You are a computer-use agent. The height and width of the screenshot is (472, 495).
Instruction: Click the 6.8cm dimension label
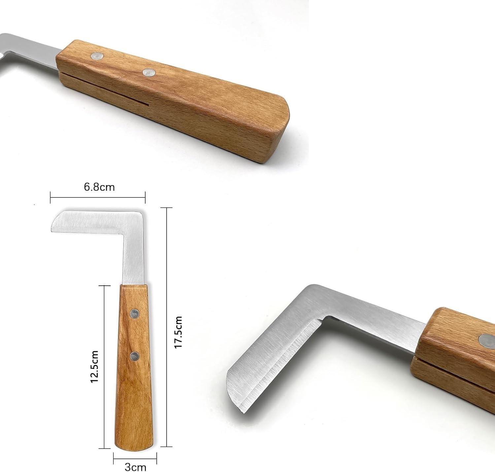(99, 187)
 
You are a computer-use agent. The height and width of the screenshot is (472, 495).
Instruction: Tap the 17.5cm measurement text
(178, 332)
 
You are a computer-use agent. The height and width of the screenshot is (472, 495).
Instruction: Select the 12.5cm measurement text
(94, 367)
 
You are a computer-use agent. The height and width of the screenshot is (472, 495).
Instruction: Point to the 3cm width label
(135, 467)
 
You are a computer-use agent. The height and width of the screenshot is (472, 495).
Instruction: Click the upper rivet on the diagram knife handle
(134, 313)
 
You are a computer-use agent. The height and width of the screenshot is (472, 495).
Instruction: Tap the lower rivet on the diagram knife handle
(135, 356)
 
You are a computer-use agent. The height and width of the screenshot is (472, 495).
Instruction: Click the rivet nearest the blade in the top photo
(97, 56)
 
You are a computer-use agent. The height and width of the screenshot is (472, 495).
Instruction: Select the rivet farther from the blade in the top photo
(149, 73)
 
